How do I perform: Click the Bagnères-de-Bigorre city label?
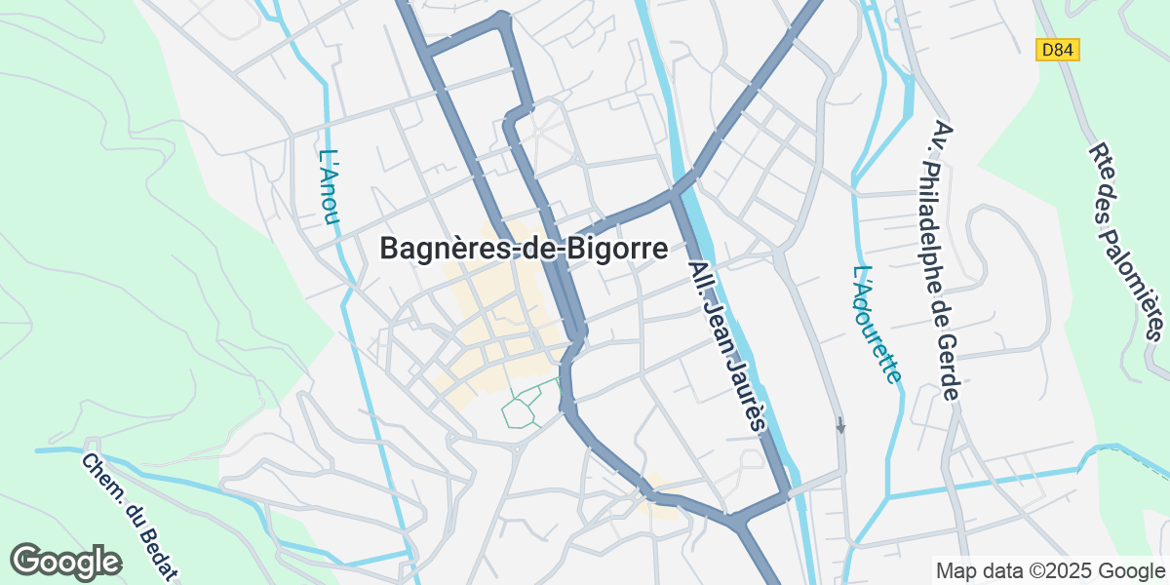(x=524, y=250)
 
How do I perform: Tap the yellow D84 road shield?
(x=1058, y=49)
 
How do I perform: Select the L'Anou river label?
(x=329, y=186)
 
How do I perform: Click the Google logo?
(x=66, y=562)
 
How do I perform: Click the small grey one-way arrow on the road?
(x=840, y=425)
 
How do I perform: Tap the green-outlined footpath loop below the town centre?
(x=525, y=408)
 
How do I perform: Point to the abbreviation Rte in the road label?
(x=1102, y=159)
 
